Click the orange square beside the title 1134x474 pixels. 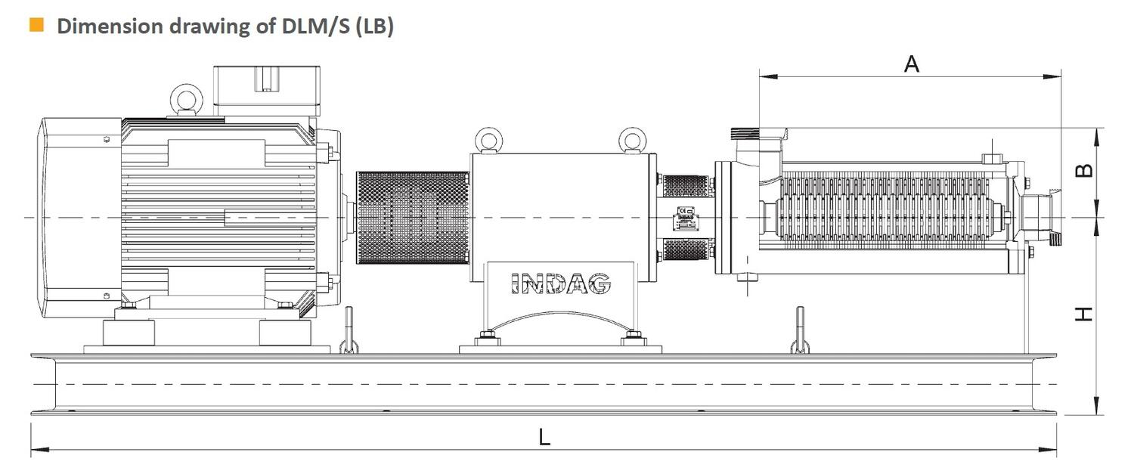[36, 25]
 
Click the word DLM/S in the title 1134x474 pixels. [315, 26]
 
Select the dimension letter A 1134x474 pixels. [911, 64]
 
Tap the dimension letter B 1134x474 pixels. [1083, 171]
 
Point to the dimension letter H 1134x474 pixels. [1083, 314]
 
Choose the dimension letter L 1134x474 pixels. [544, 437]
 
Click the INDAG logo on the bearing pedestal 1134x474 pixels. [560, 283]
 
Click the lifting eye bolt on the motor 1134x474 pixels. [186, 101]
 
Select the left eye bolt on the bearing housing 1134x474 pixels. [489, 140]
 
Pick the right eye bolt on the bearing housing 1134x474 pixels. [632, 140]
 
